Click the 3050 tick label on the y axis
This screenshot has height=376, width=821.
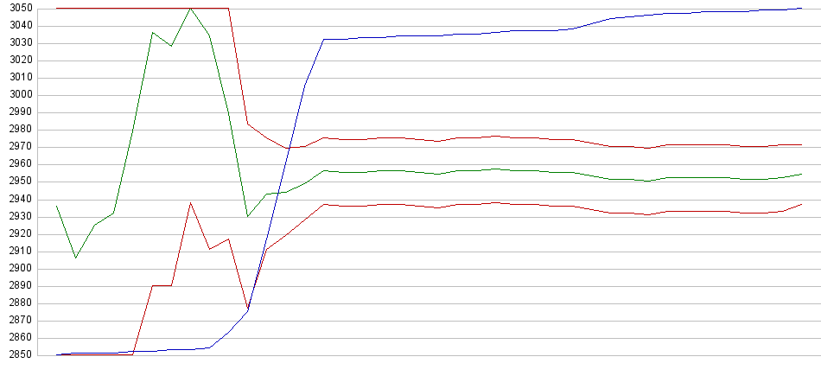pyautogui.click(x=17, y=8)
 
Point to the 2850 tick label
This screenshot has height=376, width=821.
pyautogui.click(x=17, y=355)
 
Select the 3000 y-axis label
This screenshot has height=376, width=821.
pyautogui.click(x=17, y=95)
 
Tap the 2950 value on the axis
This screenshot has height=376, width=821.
pyautogui.click(x=17, y=182)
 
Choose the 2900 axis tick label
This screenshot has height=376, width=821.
pyautogui.click(x=17, y=268)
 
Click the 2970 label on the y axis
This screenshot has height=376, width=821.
pyautogui.click(x=17, y=147)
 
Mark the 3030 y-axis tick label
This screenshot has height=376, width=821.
pyautogui.click(x=17, y=43)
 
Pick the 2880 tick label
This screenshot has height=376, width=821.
pyautogui.click(x=17, y=303)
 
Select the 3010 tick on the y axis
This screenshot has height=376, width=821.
pyautogui.click(x=17, y=78)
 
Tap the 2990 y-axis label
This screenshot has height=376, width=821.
pyautogui.click(x=17, y=112)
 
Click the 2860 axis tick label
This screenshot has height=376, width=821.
pyautogui.click(x=17, y=338)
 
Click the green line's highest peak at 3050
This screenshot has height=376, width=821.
pyautogui.click(x=190, y=9)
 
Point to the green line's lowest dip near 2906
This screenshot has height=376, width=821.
pyautogui.click(x=76, y=258)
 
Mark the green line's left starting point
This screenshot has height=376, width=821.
pyautogui.click(x=57, y=206)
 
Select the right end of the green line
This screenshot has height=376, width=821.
pyautogui.click(x=802, y=175)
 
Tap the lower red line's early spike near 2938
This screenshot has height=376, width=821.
pyautogui.click(x=190, y=203)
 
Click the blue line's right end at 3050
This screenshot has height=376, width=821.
pyautogui.click(x=802, y=9)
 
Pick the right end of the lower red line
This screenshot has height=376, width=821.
pyautogui.click(x=802, y=204)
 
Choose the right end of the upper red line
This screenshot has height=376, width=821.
pyautogui.click(x=802, y=145)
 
